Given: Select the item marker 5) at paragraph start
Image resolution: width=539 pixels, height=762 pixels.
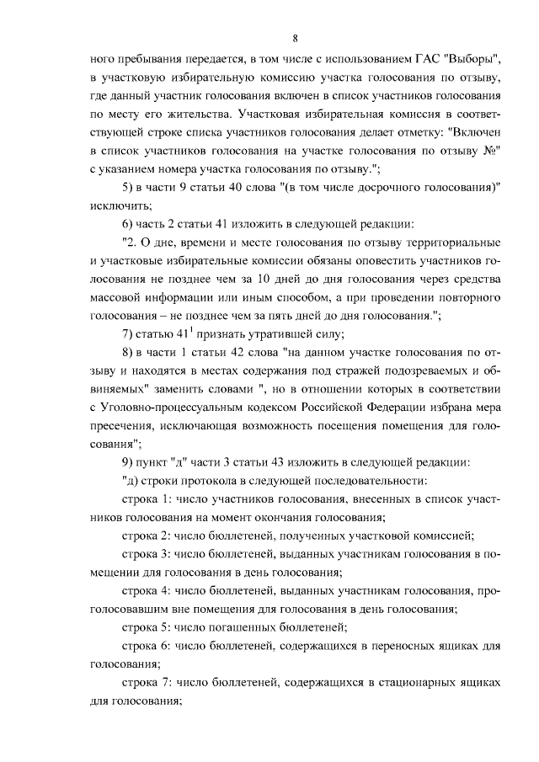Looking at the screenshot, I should [129, 188].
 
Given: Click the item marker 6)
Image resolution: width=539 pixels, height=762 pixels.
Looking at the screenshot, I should [129, 225].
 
